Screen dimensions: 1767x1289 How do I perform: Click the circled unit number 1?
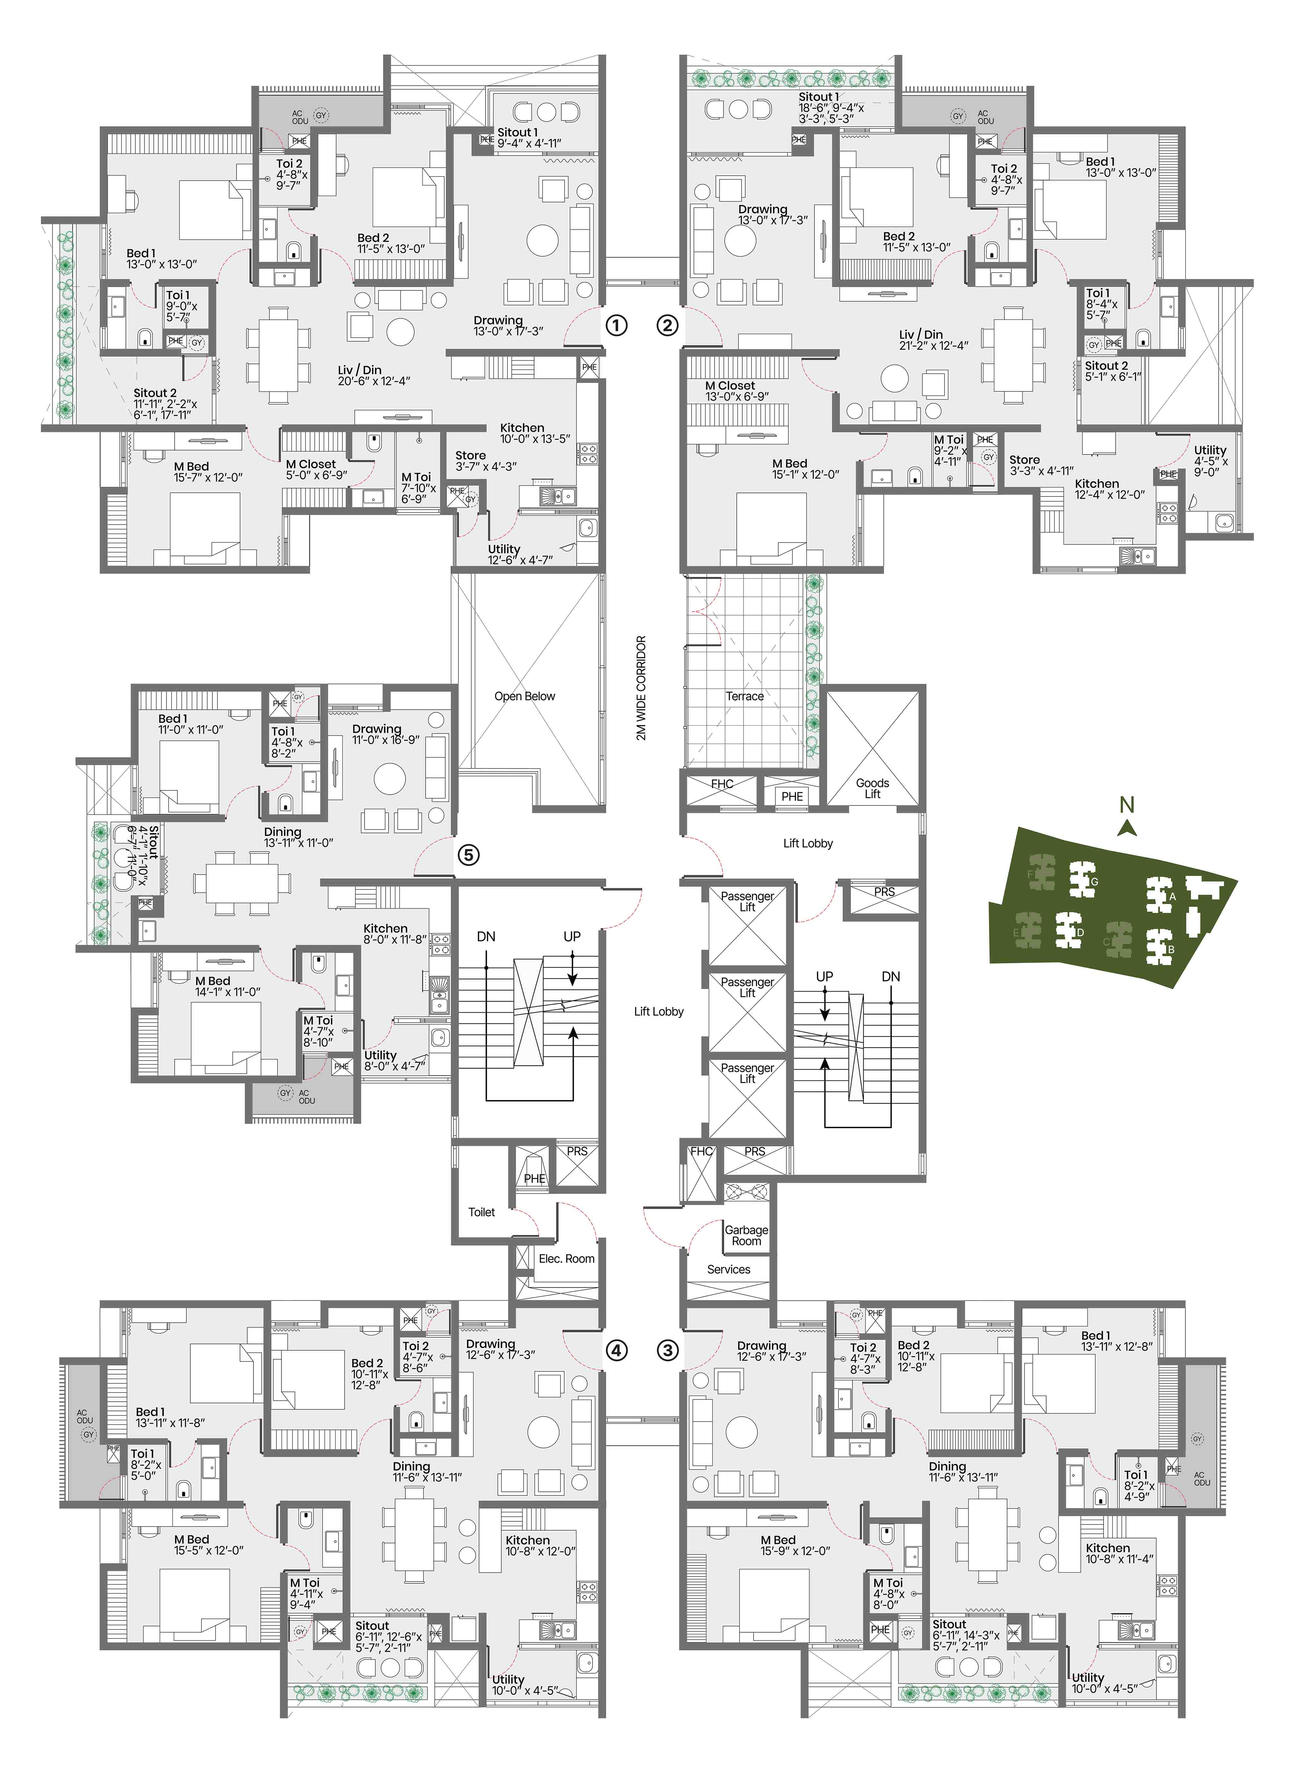coord(616,324)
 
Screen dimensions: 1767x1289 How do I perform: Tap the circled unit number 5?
coord(467,855)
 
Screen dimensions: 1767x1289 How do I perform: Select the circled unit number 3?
coord(668,1349)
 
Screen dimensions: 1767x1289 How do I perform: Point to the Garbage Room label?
coord(746,1235)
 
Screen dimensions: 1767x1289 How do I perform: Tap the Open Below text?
coord(524,696)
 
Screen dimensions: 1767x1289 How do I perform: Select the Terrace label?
coord(744,696)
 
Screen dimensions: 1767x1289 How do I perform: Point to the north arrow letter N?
coord(1126,804)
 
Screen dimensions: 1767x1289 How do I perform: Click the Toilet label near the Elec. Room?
coord(481,1212)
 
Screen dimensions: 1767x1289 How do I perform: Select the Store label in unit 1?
coord(470,455)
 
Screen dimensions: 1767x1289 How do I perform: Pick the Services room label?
coord(728,1269)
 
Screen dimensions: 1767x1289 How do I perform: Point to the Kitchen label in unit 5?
coord(385,928)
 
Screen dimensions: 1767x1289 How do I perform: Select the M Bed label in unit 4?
coord(191,1539)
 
